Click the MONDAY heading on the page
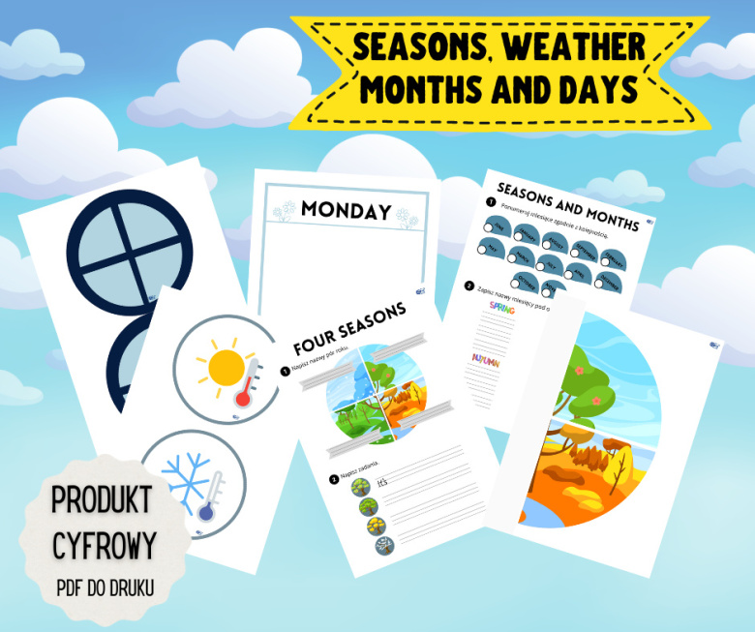point(346,210)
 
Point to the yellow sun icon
point(226,366)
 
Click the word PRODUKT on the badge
point(102,500)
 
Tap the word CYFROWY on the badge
point(103,545)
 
